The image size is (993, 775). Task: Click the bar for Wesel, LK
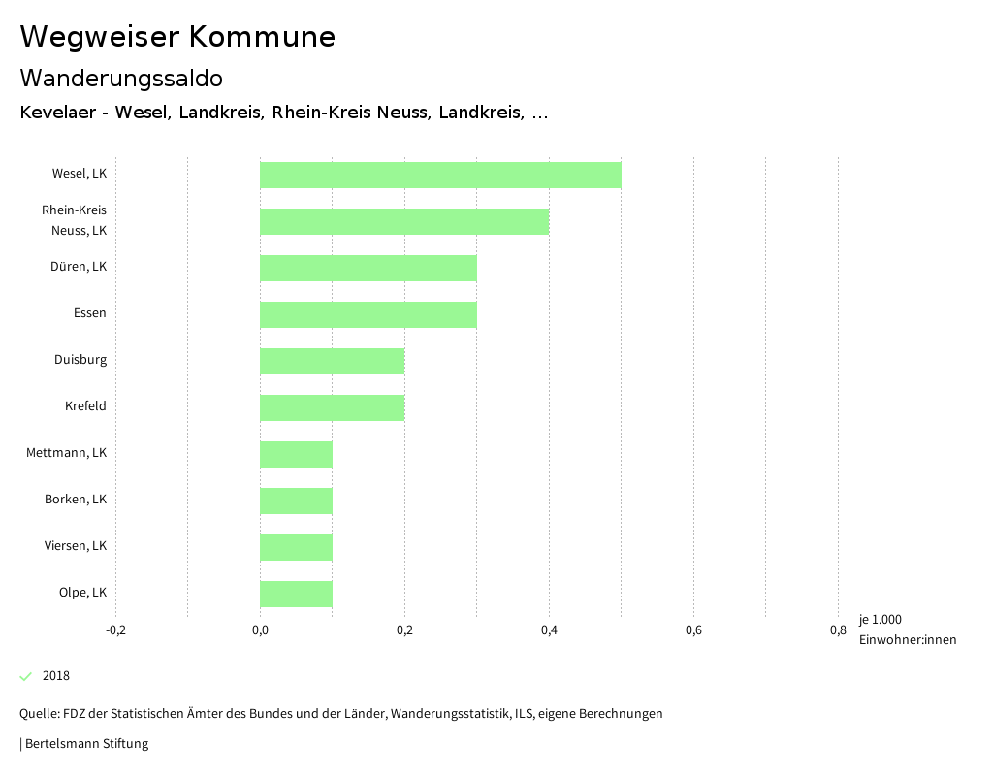(x=440, y=175)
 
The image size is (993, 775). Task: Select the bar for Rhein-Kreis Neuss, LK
(x=404, y=221)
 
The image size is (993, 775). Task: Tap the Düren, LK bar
(x=368, y=268)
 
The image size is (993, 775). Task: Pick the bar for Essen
(x=368, y=314)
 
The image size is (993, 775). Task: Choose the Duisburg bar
(x=332, y=361)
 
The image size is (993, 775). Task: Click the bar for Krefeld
(x=332, y=407)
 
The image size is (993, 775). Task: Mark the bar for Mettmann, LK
(x=296, y=454)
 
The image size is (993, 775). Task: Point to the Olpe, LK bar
(x=296, y=594)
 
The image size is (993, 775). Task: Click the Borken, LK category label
(x=76, y=500)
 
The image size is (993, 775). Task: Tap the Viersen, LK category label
(x=76, y=546)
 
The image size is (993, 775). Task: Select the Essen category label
(x=90, y=313)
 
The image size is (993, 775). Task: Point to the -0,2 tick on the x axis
(x=115, y=630)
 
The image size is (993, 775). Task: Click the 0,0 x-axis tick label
(x=260, y=630)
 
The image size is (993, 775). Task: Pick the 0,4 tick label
(x=549, y=630)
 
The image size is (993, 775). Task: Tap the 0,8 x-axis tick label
(x=838, y=630)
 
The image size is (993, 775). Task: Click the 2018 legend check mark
(x=26, y=676)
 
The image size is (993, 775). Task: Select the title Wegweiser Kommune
(x=177, y=37)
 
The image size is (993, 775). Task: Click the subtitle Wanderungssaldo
(x=121, y=78)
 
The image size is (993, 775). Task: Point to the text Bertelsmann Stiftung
(x=86, y=744)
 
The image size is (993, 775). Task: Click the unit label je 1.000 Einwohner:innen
(x=907, y=630)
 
